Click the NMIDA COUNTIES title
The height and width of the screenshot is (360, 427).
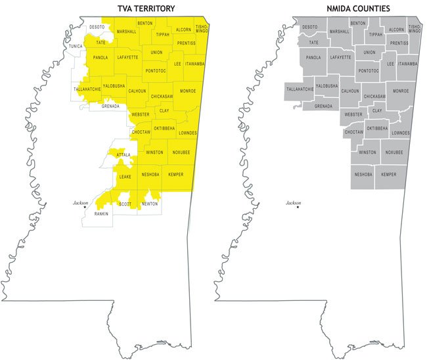tap(359, 8)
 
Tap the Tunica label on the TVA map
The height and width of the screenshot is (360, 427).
tap(76, 47)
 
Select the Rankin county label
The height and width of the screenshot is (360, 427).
tap(101, 214)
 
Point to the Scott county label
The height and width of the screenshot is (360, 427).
tap(124, 204)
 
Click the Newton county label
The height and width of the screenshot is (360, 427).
tap(150, 204)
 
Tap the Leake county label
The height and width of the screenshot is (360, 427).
tap(125, 177)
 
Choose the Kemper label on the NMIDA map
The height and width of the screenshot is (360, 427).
tap(389, 175)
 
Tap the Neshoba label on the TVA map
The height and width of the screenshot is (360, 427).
tap(150, 174)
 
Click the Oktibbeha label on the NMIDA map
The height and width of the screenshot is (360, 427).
tap(376, 129)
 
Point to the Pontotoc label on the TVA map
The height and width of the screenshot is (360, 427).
tap(156, 68)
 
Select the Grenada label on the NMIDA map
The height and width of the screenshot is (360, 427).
tap(323, 106)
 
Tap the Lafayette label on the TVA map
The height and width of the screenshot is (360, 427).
tap(127, 57)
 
